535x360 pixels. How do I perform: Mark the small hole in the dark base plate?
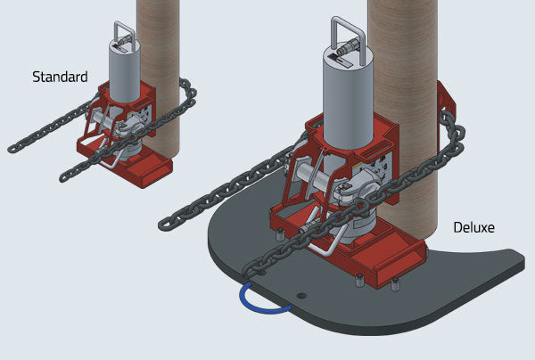pyautogui.click(x=302, y=294)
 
